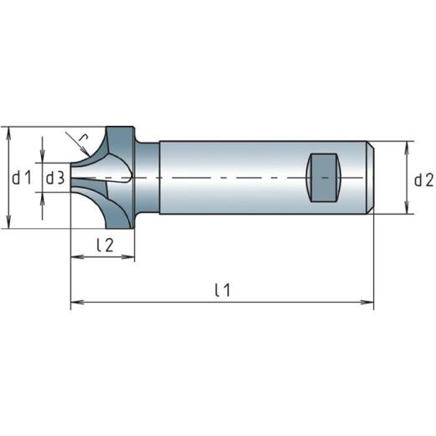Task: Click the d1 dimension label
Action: coord(21,178)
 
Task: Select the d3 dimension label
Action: coord(54,178)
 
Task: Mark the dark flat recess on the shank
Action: coord(323,178)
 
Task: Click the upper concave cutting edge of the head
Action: coord(95,151)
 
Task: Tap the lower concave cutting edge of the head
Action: coord(95,205)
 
